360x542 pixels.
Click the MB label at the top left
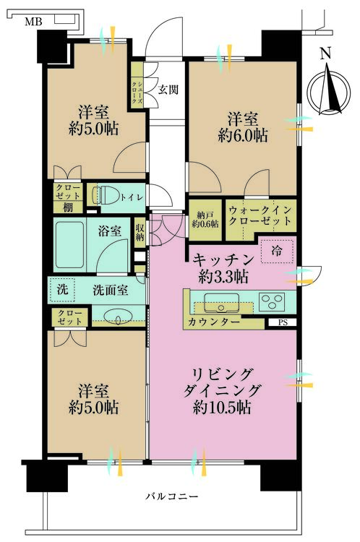tap(33, 22)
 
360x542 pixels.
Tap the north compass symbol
tap(329, 87)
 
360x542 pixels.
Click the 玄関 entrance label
tap(168, 90)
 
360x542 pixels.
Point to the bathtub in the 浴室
tap(69, 245)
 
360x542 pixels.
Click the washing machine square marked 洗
tap(62, 288)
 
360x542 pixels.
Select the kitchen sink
tap(221, 303)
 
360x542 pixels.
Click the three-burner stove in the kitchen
tap(272, 301)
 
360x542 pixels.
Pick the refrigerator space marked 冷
tap(277, 251)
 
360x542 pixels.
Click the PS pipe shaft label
tap(283, 322)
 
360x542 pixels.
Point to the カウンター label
tap(214, 322)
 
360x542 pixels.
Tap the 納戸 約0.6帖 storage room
tap(205, 220)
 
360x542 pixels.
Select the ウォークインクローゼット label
tap(260, 215)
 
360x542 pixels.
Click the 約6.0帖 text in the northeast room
tap(243, 135)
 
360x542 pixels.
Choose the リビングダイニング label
tap(222, 382)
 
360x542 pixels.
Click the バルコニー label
tap(172, 496)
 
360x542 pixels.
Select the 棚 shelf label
tap(68, 207)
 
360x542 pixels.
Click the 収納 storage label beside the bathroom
tap(140, 232)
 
